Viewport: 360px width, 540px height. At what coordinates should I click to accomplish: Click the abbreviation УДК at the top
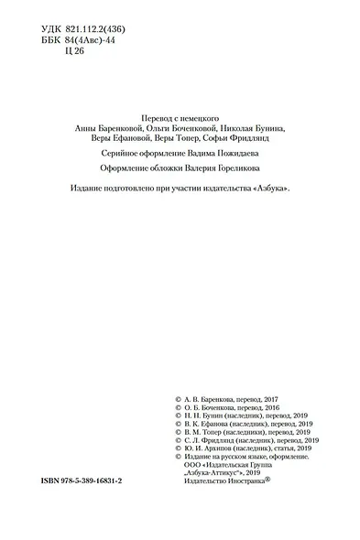[54, 29]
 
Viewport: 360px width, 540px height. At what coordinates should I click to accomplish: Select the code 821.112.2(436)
[102, 29]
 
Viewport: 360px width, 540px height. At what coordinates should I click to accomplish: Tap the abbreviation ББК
[54, 41]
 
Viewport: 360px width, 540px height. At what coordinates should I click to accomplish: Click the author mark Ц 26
[73, 53]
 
